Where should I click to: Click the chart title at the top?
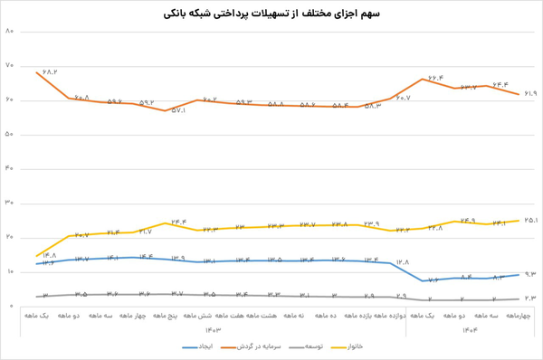click(271, 14)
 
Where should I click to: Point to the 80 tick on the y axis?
click(10, 32)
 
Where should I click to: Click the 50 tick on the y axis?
click(10, 135)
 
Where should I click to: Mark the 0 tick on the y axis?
click(10, 307)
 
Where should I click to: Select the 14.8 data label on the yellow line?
click(49, 255)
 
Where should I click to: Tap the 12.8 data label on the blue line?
click(403, 262)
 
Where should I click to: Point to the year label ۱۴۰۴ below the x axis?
click(470, 329)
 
